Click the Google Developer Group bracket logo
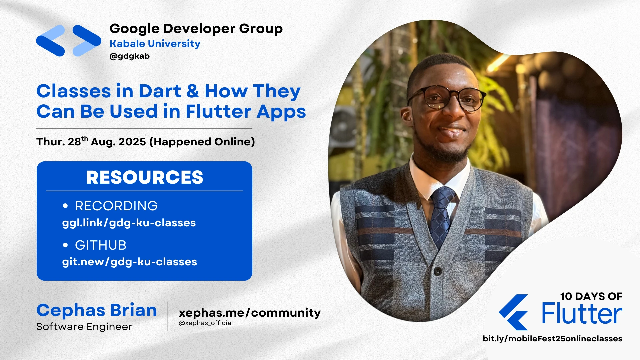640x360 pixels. [68, 41]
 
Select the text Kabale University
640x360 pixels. [155, 44]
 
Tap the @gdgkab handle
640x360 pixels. [129, 56]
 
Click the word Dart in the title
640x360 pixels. [160, 91]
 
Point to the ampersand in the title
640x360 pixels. [193, 91]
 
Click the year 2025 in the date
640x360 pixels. [132, 142]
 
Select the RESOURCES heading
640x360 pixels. [144, 177]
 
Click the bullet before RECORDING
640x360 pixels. [65, 206]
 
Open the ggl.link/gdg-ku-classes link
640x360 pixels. [129, 223]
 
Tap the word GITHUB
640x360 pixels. [101, 245]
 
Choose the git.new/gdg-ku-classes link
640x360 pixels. [129, 262]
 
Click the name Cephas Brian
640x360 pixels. [96, 310]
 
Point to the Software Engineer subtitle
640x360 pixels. [84, 327]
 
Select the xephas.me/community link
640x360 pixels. [249, 313]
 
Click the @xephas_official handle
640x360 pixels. [206, 323]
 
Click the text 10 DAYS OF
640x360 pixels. [591, 296]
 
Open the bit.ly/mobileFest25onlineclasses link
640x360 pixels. [552, 339]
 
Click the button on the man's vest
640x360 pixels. [438, 271]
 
